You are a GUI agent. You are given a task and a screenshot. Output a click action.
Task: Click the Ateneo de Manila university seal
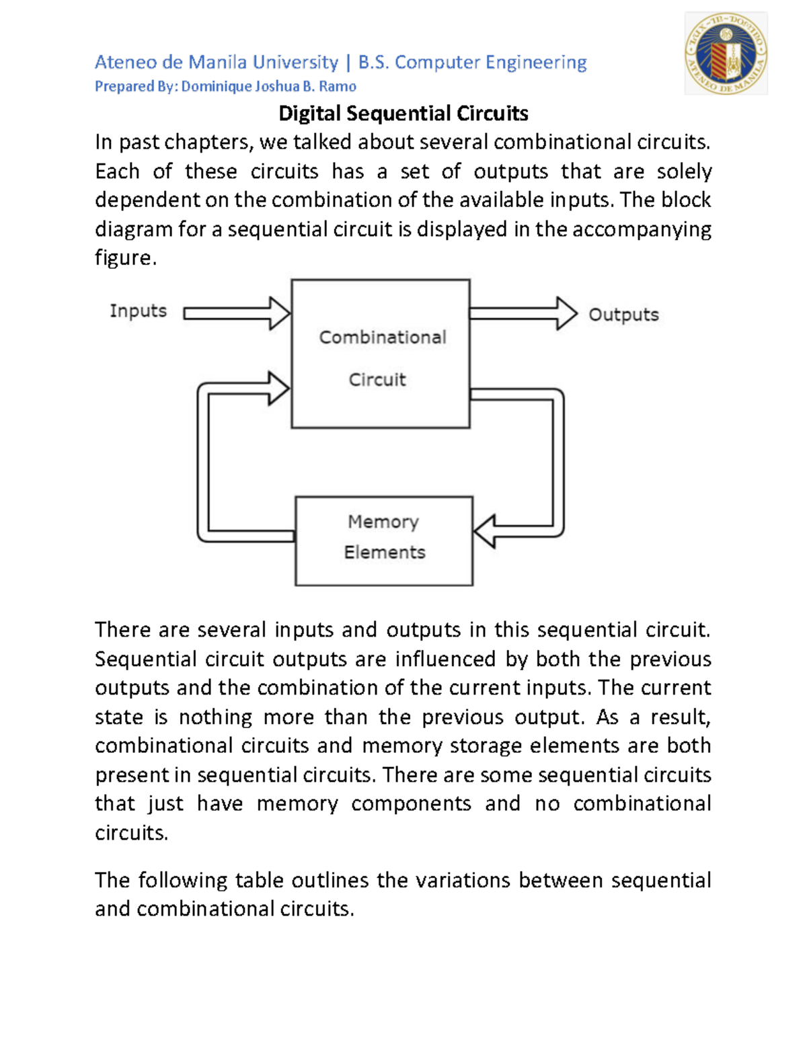[726, 54]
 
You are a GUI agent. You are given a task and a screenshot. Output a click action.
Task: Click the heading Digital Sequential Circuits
[403, 113]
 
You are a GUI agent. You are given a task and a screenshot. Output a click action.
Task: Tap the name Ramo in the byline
[338, 86]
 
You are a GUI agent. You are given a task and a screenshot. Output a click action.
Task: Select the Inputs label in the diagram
[138, 311]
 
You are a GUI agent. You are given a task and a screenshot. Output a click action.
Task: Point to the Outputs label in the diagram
[623, 315]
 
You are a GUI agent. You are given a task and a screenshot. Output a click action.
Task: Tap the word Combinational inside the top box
[382, 337]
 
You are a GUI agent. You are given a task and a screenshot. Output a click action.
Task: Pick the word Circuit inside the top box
[377, 380]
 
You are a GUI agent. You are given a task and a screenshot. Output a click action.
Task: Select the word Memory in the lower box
[383, 522]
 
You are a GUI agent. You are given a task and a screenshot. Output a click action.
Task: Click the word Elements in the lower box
[385, 553]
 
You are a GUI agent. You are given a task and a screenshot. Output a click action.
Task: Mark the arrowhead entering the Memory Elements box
[485, 531]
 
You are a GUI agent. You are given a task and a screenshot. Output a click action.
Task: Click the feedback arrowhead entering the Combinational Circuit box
[278, 388]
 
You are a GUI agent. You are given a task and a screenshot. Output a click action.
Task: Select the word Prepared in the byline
[124, 86]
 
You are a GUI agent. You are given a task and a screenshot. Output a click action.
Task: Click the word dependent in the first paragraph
[147, 200]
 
